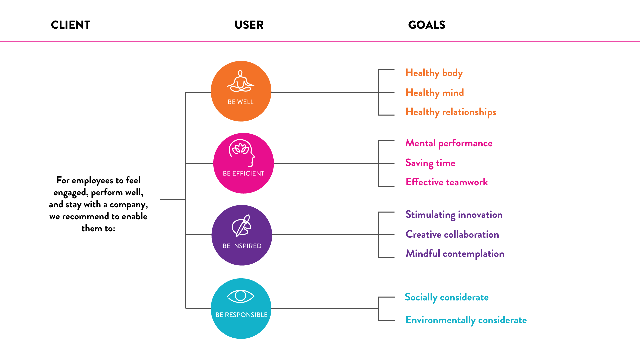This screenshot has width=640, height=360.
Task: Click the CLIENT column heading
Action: click(x=70, y=25)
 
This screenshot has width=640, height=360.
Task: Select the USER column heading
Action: click(x=249, y=25)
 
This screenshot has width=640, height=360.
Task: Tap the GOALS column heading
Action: click(x=426, y=25)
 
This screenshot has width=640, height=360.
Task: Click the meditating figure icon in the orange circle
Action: click(x=241, y=81)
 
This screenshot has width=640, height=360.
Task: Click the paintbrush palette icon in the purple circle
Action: click(x=241, y=226)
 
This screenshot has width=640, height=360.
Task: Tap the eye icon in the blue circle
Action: click(x=240, y=296)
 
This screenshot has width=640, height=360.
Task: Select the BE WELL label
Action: click(x=241, y=102)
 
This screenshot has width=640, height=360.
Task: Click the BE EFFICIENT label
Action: click(x=243, y=174)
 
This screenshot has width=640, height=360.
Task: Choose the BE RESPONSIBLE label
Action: click(x=241, y=315)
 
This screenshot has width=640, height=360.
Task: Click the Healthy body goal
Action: click(x=434, y=73)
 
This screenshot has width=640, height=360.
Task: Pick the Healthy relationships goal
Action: click(x=451, y=112)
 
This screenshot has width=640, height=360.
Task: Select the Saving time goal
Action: click(x=430, y=163)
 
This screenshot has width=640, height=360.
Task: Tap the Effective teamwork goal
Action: click(x=447, y=182)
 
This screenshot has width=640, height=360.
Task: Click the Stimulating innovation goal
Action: click(x=454, y=215)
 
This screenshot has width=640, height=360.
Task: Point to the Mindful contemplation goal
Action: click(x=455, y=254)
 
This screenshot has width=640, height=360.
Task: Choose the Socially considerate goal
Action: click(x=446, y=297)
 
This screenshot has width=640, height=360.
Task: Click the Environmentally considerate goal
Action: click(x=466, y=320)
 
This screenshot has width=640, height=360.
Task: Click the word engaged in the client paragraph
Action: click(x=69, y=193)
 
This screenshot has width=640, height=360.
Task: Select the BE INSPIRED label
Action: click(x=242, y=246)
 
